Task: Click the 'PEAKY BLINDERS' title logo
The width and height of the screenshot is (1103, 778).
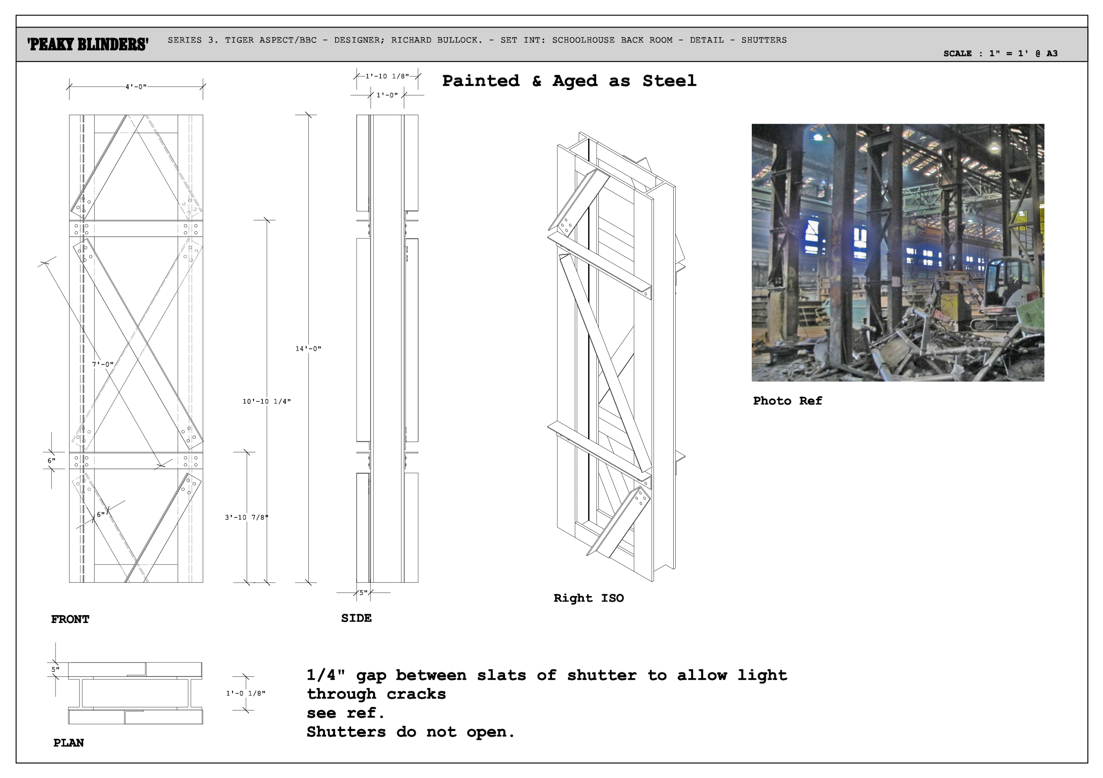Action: pyautogui.click(x=88, y=44)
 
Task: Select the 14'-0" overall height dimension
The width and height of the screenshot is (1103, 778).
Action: pyautogui.click(x=308, y=349)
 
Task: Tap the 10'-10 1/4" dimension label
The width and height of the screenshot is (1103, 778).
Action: pyautogui.click(x=266, y=401)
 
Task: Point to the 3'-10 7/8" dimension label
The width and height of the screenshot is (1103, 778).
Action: pyautogui.click(x=246, y=517)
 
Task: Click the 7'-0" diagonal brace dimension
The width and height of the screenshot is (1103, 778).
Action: pyautogui.click(x=103, y=364)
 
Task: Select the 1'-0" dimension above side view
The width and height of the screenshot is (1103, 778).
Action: pyautogui.click(x=387, y=95)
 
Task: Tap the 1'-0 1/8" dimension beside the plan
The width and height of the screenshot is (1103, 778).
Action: pyautogui.click(x=246, y=693)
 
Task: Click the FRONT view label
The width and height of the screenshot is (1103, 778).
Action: pyautogui.click(x=70, y=620)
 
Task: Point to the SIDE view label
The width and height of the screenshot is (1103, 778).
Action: pyautogui.click(x=357, y=618)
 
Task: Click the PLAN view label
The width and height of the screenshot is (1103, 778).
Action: pyautogui.click(x=69, y=743)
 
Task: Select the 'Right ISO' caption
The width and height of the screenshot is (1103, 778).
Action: pyautogui.click(x=589, y=598)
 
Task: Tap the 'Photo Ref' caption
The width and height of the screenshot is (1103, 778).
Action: pyautogui.click(x=788, y=401)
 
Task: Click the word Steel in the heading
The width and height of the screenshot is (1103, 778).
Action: pyautogui.click(x=669, y=81)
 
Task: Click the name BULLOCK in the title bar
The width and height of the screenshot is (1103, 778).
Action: pyautogui.click(x=460, y=40)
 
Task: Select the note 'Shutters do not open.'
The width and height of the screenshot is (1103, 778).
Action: pyautogui.click(x=411, y=732)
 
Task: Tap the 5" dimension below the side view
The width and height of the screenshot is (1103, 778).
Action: pyautogui.click(x=363, y=593)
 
